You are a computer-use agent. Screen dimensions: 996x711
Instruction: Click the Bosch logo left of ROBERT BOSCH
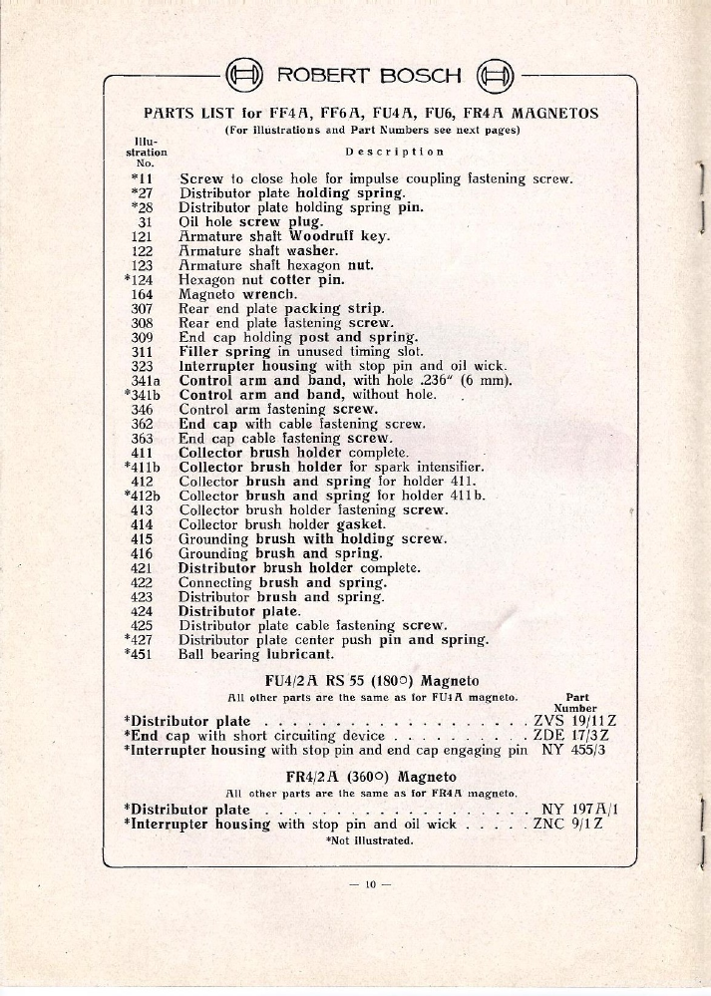tap(244, 76)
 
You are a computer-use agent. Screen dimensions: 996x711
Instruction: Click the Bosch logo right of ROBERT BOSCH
tap(496, 76)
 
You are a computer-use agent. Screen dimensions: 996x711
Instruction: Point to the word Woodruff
tap(323, 236)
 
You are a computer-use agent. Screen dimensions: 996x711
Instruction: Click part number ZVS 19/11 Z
tap(575, 721)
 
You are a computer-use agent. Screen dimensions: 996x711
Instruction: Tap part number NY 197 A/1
tap(579, 809)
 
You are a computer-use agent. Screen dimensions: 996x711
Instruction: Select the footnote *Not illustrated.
tap(369, 840)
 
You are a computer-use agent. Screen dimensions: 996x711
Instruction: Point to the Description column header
tap(394, 152)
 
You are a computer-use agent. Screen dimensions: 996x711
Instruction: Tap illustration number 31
tap(144, 222)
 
